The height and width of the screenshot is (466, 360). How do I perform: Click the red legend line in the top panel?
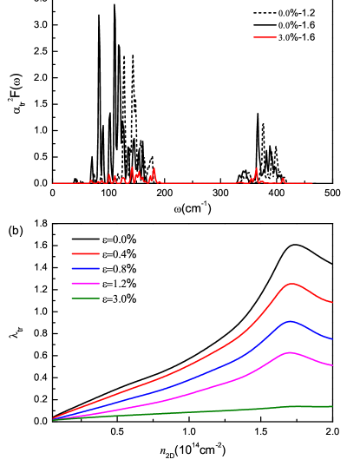pyautogui.click(x=265, y=37)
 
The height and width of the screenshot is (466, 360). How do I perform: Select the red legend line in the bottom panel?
pyautogui.click(x=85, y=253)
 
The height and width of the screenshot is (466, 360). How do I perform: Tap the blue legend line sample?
pyautogui.click(x=85, y=269)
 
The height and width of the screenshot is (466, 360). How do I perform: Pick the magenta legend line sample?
pyautogui.click(x=85, y=284)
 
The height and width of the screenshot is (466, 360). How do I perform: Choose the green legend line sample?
pyautogui.click(x=85, y=299)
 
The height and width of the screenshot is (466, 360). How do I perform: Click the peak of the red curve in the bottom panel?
pyautogui.click(x=291, y=283)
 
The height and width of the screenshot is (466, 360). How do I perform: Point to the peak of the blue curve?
pyautogui.click(x=290, y=321)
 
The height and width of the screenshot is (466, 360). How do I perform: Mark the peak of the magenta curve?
pyautogui.click(x=290, y=352)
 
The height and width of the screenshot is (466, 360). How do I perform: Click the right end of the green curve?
pyautogui.click(x=332, y=406)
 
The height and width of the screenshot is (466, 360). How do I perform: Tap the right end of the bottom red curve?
pyautogui.click(x=332, y=303)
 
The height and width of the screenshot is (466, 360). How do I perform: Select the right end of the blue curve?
pyautogui.click(x=332, y=339)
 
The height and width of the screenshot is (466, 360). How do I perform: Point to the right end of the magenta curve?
pyautogui.click(x=332, y=365)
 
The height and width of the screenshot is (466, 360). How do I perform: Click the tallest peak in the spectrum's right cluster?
pyautogui.click(x=257, y=169)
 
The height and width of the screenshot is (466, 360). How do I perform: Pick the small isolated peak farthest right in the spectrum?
pyautogui.click(x=283, y=179)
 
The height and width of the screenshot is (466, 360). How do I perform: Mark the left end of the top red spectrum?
pyautogui.click(x=53, y=183)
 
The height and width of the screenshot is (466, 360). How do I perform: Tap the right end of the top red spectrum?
pyautogui.click(x=312, y=183)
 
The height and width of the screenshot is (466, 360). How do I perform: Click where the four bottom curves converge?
pyautogui.click(x=53, y=419)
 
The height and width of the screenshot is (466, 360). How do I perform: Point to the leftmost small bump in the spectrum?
pyautogui.click(x=91, y=180)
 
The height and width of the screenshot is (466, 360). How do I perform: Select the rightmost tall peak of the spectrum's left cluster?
pyautogui.click(x=154, y=169)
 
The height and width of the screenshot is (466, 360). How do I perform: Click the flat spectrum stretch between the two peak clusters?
pyautogui.click(x=200, y=183)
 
